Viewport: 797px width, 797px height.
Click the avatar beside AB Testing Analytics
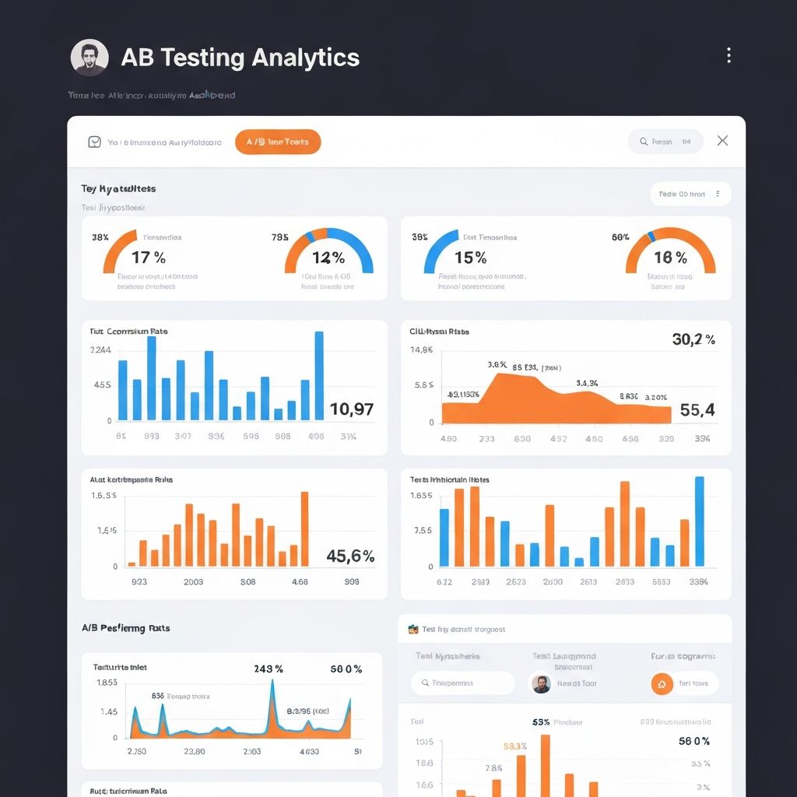click(90, 58)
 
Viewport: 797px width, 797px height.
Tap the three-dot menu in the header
click(729, 55)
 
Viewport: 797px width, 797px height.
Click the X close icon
click(722, 141)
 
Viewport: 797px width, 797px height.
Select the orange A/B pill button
click(278, 142)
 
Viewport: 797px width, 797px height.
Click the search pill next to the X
click(665, 142)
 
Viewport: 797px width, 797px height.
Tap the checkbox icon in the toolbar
click(94, 142)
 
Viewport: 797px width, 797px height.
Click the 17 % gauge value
click(148, 257)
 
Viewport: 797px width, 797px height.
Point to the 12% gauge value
click(328, 258)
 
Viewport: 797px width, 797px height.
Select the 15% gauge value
click(470, 257)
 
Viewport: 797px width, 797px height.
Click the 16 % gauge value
click(670, 258)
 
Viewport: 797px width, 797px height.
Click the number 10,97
click(352, 409)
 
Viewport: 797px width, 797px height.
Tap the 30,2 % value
click(693, 339)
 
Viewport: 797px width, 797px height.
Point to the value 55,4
click(697, 409)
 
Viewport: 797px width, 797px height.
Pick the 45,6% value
click(350, 556)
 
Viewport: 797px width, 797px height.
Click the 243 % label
click(269, 669)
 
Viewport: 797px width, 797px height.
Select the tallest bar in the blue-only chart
click(319, 376)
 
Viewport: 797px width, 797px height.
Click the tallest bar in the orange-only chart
click(304, 528)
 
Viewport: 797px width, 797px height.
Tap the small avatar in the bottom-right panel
click(541, 683)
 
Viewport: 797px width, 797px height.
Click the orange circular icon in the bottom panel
click(662, 683)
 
